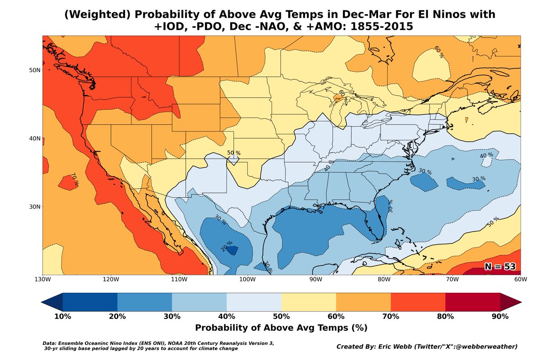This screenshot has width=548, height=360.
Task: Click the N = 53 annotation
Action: tap(500, 267)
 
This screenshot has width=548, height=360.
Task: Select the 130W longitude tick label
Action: tap(42, 280)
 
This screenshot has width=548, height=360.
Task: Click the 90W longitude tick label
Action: tap(315, 280)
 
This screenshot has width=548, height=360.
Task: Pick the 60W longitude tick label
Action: tap(520, 280)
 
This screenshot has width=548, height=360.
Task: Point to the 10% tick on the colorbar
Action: tap(63, 317)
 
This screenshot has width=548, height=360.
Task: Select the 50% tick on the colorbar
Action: tap(281, 317)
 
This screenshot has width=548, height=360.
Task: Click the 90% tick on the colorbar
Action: tap(500, 317)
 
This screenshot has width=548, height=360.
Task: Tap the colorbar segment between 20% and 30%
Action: tap(145, 302)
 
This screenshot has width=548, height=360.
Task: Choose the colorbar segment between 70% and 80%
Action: tap(418, 302)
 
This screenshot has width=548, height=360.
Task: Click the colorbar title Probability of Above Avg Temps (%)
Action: tap(281, 328)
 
